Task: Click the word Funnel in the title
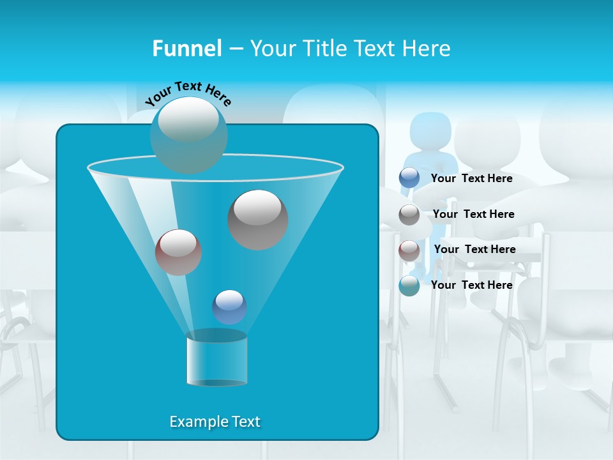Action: point(186,49)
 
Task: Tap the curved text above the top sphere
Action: point(188,93)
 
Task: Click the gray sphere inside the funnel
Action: point(257,219)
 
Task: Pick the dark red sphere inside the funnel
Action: point(178,252)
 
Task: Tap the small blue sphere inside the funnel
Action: point(229,307)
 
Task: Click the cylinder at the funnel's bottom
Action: point(216,359)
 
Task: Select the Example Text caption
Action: point(215,422)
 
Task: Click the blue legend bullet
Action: point(409,178)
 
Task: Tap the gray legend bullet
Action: point(409,215)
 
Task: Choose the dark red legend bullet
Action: point(409,250)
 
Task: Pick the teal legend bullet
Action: point(409,286)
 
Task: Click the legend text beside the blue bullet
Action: point(471,178)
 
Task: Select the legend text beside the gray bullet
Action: point(473,214)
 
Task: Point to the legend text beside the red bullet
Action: point(474,249)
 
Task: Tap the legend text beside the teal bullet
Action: point(471,285)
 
